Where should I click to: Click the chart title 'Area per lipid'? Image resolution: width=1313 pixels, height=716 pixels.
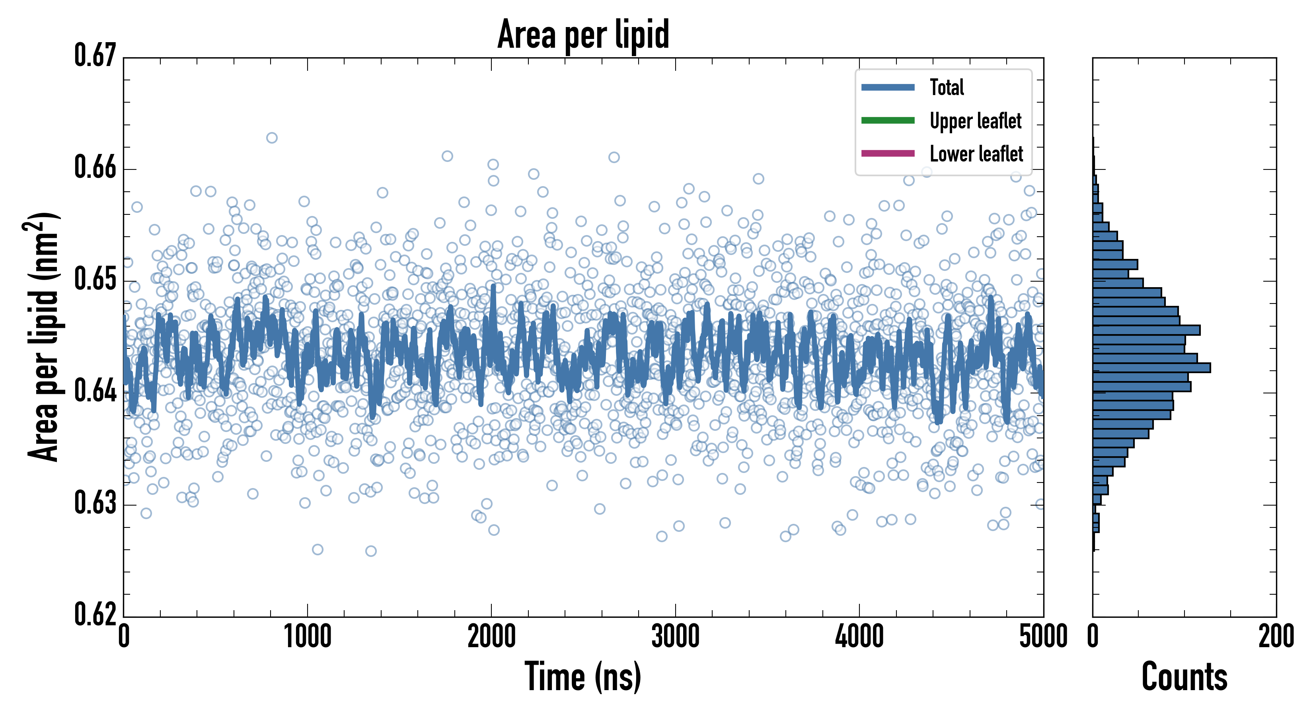point(583,34)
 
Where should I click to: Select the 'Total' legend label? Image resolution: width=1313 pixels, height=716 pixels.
point(947,87)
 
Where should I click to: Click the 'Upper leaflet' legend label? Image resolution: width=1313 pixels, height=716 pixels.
point(975,121)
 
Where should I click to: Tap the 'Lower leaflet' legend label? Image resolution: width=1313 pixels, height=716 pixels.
point(976,154)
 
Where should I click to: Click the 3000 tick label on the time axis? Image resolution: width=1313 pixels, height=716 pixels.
point(675,636)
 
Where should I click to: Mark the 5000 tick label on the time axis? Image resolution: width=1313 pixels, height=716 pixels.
point(1043,636)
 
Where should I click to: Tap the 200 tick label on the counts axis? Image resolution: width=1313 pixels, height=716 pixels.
point(1276,636)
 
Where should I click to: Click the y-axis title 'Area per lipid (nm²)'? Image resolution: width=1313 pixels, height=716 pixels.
point(43,337)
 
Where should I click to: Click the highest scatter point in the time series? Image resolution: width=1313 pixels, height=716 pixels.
point(272,138)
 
